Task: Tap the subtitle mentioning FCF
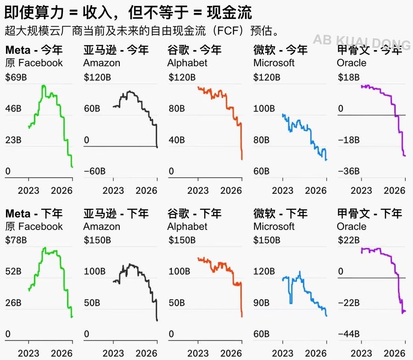pyautogui.click(x=142, y=31)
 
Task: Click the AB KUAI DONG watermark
pyautogui.click(x=362, y=42)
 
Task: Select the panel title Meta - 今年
pyautogui.click(x=34, y=50)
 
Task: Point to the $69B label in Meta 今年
pyautogui.click(x=16, y=78)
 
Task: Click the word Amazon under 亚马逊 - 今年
pyautogui.click(x=101, y=63)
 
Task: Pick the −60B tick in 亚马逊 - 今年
pyautogui.click(x=95, y=171)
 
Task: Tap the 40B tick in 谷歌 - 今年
pyautogui.click(x=177, y=140)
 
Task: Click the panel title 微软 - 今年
pyautogui.click(x=280, y=50)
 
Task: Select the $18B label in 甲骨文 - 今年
pyautogui.click(x=348, y=78)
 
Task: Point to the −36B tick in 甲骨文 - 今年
pyautogui.click(x=349, y=171)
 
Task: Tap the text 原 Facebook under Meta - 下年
pyautogui.click(x=34, y=226)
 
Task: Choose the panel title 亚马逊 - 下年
pyautogui.click(x=116, y=214)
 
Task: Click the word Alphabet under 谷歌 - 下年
pyautogui.click(x=187, y=226)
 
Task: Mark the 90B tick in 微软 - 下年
pyautogui.click(x=263, y=303)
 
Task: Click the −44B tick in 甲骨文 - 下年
pyautogui.click(x=349, y=334)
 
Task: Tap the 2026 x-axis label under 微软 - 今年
pyautogui.click(x=315, y=190)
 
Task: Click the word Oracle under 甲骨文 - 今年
pyautogui.click(x=352, y=63)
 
